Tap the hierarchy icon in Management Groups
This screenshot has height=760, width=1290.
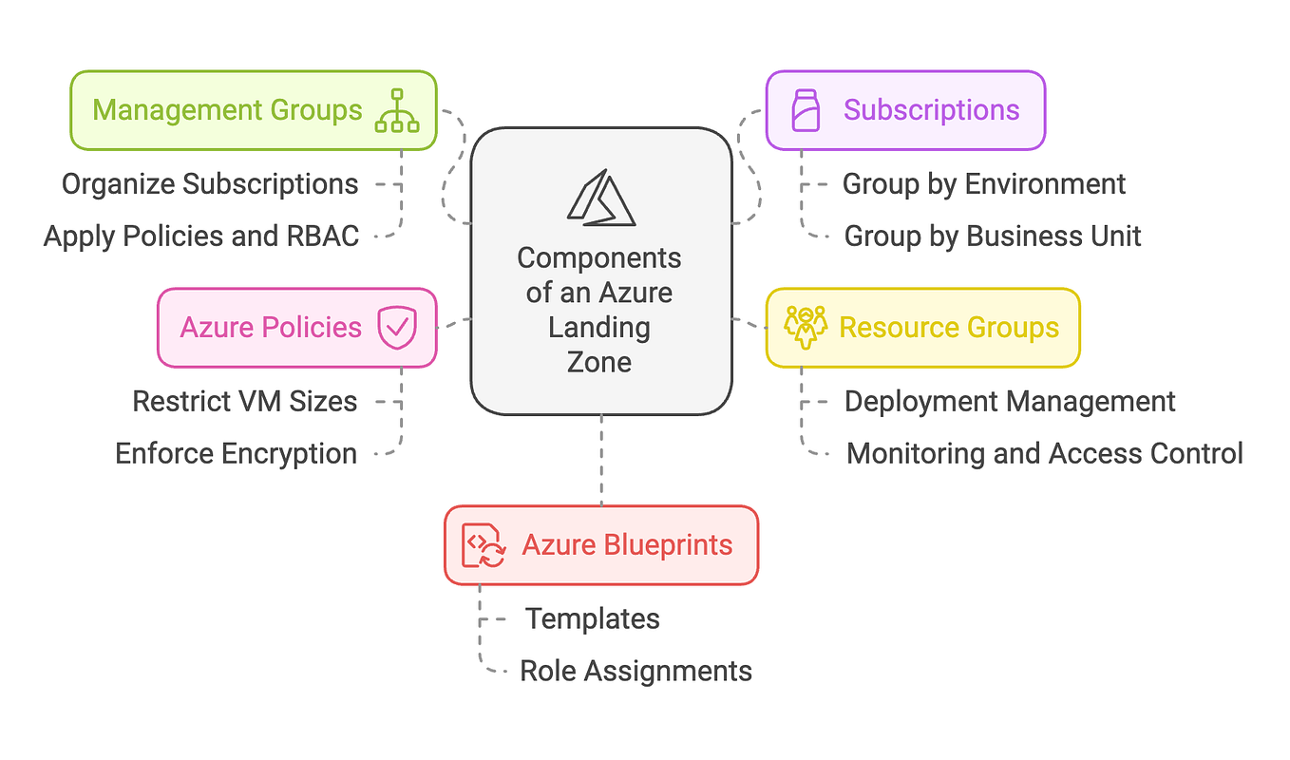coord(397,110)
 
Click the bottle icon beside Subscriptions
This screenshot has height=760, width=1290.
coord(806,110)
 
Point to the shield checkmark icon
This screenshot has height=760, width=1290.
coord(396,328)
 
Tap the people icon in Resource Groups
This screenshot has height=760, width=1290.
coord(806,328)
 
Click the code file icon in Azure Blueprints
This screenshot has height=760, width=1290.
coord(483,545)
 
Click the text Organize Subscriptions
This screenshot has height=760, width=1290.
coord(210,183)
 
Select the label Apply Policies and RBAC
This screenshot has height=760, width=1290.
coord(201,236)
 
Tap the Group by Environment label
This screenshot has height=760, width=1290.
coord(984,183)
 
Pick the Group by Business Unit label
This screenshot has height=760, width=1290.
coord(993,236)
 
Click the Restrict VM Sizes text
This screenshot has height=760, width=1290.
coord(244,401)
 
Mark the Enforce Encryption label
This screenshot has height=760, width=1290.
coord(236,453)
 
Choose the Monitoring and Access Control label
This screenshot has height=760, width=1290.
coord(1044,453)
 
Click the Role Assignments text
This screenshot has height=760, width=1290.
coord(636,671)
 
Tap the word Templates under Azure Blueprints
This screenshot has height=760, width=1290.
coord(593,618)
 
